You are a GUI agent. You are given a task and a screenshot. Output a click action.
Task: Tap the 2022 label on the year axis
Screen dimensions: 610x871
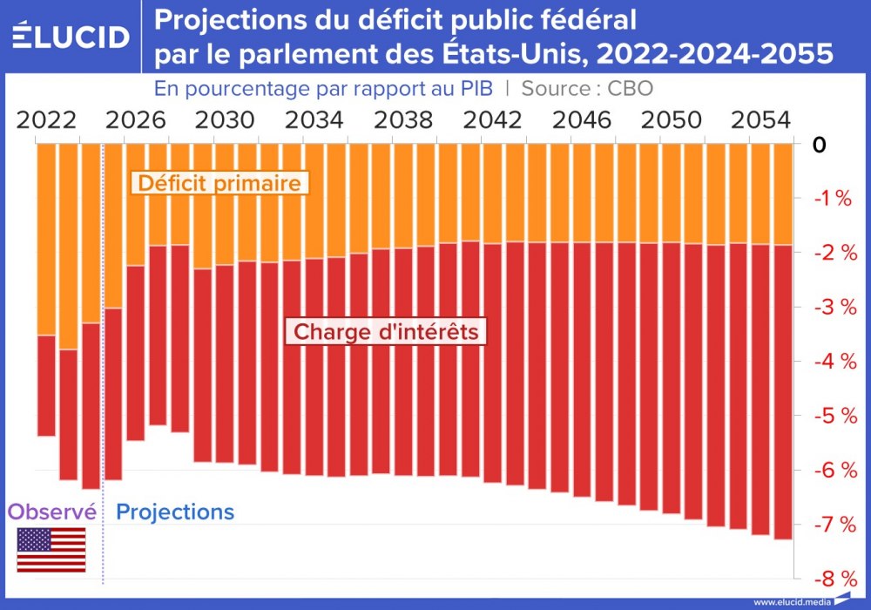tap(45, 119)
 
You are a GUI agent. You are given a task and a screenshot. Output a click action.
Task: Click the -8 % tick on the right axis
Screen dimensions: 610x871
tap(831, 579)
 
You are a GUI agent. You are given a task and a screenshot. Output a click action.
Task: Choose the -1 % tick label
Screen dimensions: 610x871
tap(831, 199)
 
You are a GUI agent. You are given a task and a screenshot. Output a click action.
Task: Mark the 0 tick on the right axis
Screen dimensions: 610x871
tap(818, 145)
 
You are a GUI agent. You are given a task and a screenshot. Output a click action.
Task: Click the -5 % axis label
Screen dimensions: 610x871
tap(831, 416)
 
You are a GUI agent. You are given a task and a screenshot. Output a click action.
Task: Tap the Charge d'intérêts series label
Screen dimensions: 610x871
tap(386, 332)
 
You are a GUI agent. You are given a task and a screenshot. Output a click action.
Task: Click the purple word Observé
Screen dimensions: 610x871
tap(51, 512)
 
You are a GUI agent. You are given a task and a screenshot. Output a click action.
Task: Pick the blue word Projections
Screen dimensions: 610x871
tap(175, 512)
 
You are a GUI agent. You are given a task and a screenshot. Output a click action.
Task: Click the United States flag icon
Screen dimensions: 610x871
tap(51, 550)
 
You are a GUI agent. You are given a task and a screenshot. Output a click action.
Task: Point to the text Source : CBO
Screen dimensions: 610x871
tap(587, 88)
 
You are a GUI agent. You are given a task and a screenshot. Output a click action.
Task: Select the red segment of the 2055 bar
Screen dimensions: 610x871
tap(783, 392)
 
